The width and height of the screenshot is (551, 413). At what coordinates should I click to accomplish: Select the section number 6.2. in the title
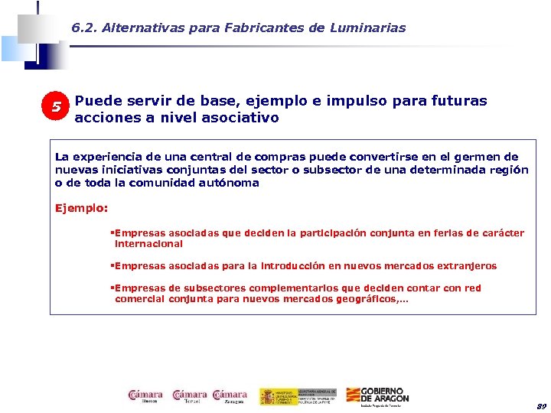(85, 28)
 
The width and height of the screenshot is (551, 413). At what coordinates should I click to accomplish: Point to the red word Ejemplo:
(82, 207)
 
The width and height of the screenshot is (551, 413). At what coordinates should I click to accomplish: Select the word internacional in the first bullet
(148, 244)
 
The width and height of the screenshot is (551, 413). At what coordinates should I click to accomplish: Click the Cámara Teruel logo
(190, 396)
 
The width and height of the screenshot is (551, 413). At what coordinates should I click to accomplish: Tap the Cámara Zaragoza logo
(230, 396)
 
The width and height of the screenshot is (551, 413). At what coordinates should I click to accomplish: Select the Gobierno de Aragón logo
(377, 396)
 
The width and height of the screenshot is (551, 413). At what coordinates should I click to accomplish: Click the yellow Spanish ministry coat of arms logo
(269, 396)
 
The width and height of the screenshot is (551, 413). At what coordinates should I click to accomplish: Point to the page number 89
(541, 405)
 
